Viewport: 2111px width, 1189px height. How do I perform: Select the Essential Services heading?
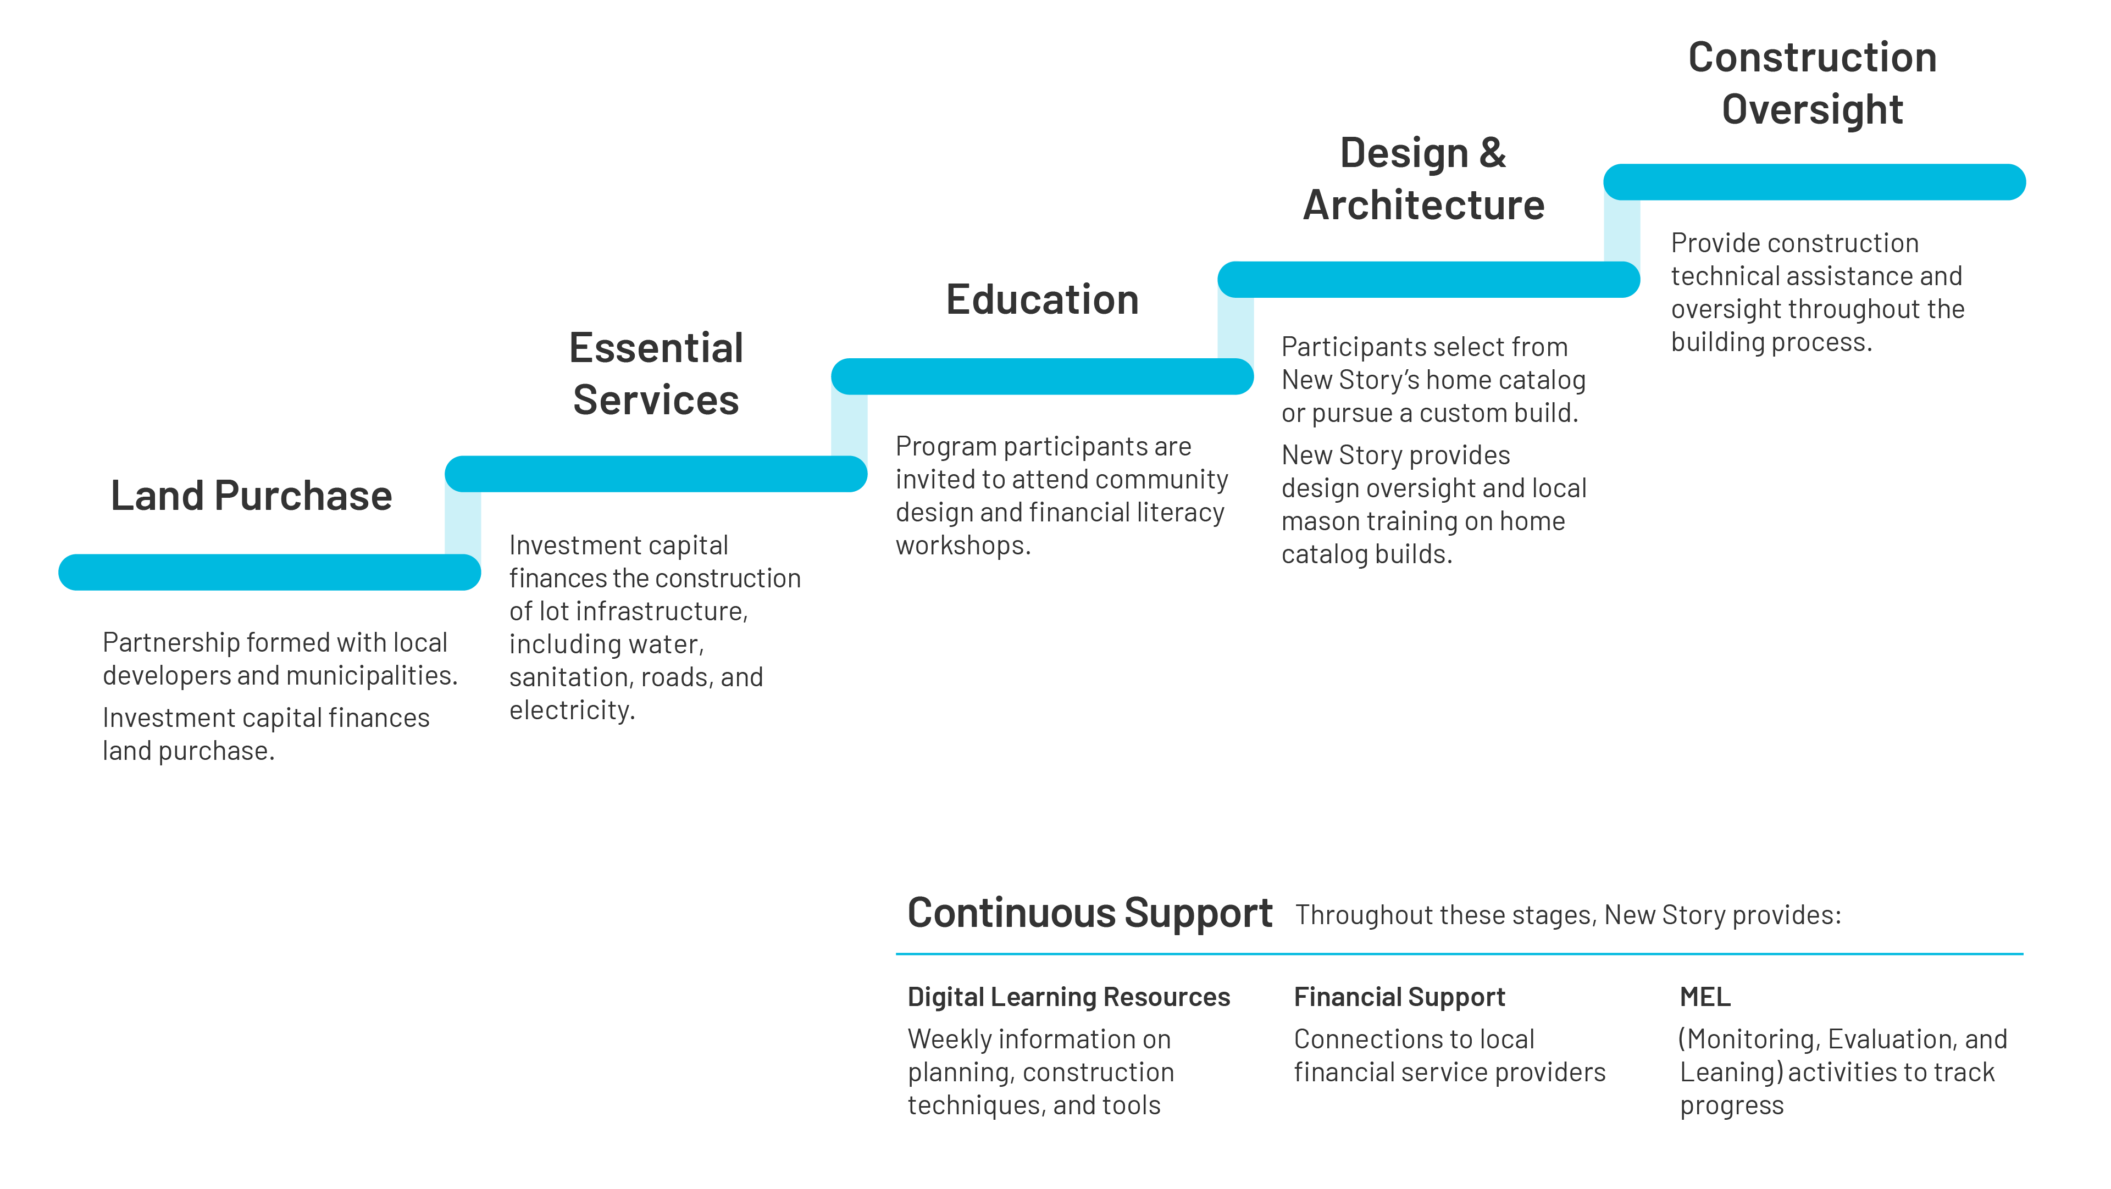coord(656,374)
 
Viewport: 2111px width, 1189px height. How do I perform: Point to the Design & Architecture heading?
coord(1423,179)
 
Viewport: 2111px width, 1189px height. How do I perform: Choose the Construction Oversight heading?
coord(1812,84)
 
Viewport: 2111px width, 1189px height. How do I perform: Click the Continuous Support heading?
coord(1089,913)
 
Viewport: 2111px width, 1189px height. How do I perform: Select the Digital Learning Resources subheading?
coord(1068,997)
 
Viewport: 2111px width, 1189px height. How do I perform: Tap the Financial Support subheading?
coord(1399,997)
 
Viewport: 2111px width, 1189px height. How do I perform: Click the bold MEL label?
coord(1704,997)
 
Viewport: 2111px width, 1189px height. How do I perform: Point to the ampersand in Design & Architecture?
coord(1492,153)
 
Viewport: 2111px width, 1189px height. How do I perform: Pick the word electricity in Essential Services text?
coord(571,710)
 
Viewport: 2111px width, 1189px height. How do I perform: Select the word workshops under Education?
coord(962,546)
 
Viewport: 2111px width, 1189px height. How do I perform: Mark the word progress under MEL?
coord(1732,1106)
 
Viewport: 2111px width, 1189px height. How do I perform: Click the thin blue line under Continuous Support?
coord(1459,954)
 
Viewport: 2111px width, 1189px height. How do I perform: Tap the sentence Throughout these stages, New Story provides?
coord(1567,914)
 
